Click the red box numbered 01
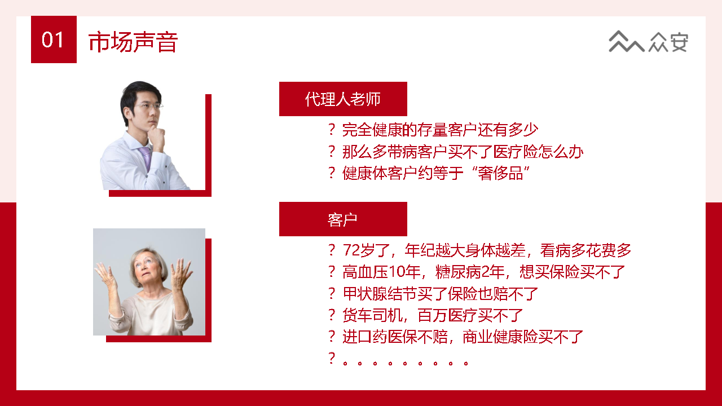point(54,39)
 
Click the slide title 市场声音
point(133,42)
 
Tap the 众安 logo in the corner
point(649,42)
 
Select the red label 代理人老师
point(343,99)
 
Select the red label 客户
point(343,219)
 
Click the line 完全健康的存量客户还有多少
point(440,130)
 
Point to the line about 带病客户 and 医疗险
point(463,152)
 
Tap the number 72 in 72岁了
point(351,250)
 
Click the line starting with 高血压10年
point(484,272)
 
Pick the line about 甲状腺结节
point(441,294)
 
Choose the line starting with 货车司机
point(433,315)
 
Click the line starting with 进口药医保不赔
point(463,337)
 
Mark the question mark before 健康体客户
point(332,173)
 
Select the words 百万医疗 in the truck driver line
point(455,315)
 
